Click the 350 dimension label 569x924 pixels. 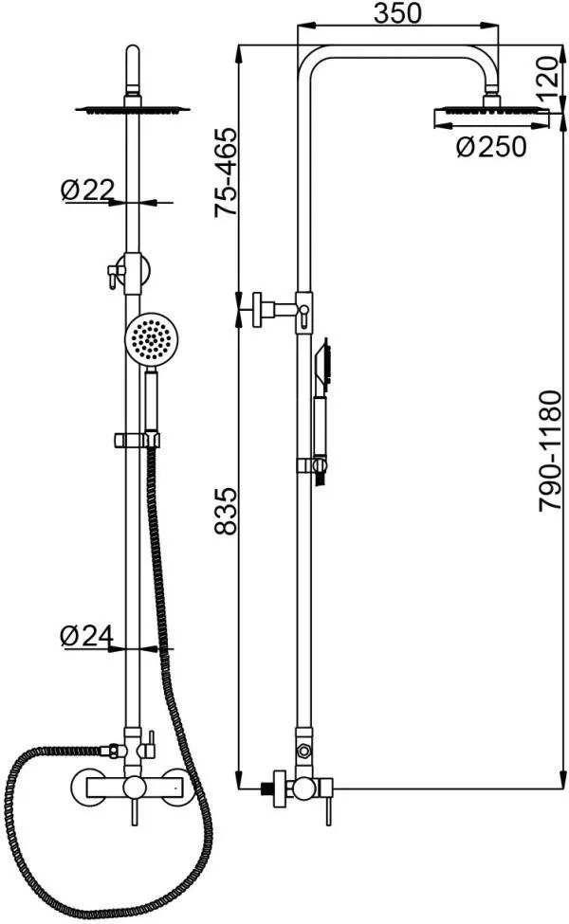pyautogui.click(x=398, y=12)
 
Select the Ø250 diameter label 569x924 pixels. pyautogui.click(x=490, y=147)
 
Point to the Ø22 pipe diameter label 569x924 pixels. pyautogui.click(x=87, y=190)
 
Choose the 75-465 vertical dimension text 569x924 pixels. pyautogui.click(x=226, y=172)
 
